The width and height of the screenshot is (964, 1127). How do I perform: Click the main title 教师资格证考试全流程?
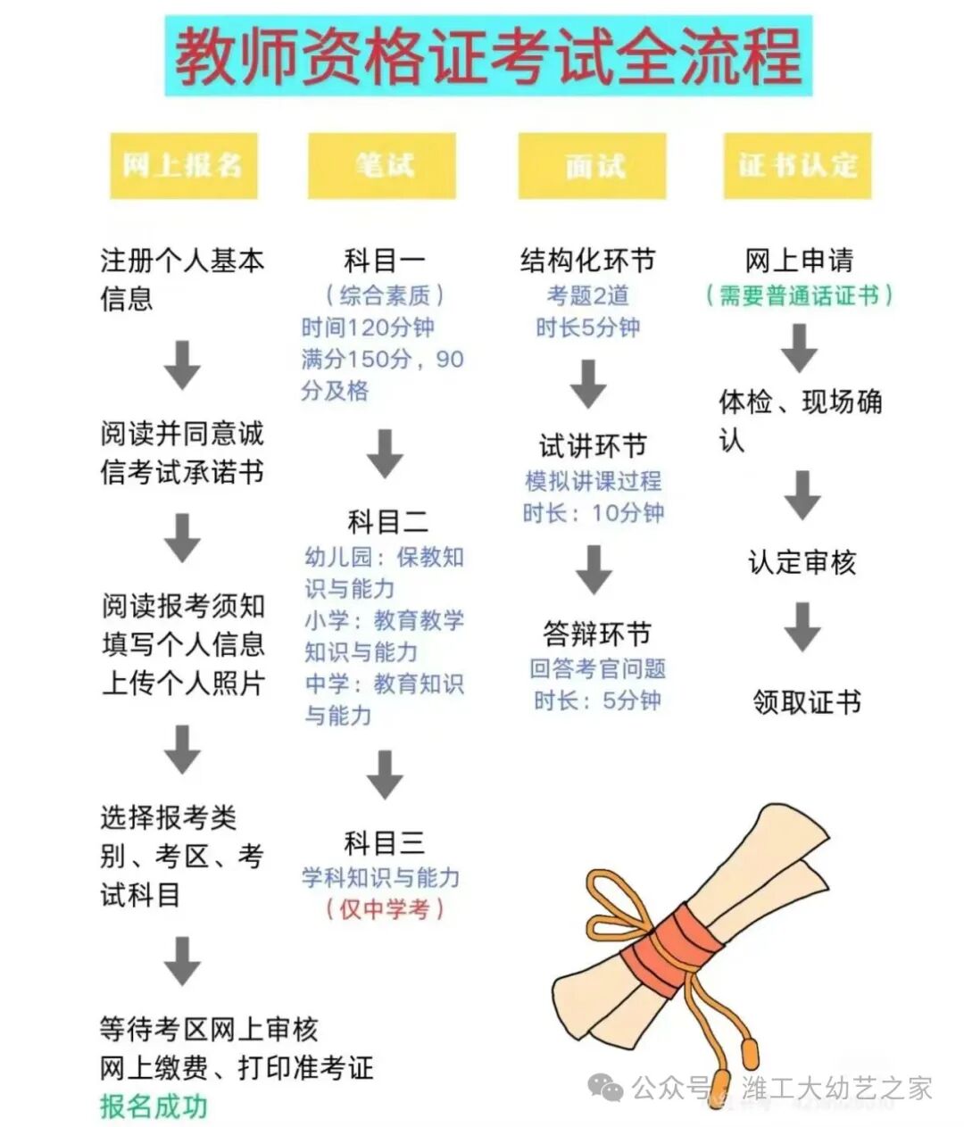(487, 55)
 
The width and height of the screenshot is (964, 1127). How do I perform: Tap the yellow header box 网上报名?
(183, 166)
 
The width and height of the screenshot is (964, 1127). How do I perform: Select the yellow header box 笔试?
(382, 166)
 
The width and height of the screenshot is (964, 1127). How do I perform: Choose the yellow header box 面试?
(593, 166)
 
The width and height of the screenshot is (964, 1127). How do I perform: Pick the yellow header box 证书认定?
(797, 166)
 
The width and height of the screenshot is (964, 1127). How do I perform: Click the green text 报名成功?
(154, 1106)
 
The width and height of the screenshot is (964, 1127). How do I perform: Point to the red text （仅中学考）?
(385, 909)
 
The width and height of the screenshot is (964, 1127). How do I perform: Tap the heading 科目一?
(385, 261)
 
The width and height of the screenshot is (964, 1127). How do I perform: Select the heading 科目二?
(387, 521)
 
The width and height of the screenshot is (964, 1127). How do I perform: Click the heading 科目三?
(385, 843)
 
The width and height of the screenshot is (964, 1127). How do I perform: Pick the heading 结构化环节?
(588, 261)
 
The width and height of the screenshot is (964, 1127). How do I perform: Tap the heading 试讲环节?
(592, 445)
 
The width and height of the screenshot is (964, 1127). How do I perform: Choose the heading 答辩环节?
(596, 634)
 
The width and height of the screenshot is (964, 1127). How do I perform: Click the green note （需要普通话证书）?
(799, 295)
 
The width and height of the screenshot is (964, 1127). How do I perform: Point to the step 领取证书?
(806, 702)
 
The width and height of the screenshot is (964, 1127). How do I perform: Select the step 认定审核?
(802, 563)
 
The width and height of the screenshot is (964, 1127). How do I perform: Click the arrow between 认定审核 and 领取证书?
(802, 627)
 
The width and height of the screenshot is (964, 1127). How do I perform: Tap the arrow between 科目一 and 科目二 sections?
(386, 454)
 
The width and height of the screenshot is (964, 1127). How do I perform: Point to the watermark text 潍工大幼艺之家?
(836, 1089)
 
